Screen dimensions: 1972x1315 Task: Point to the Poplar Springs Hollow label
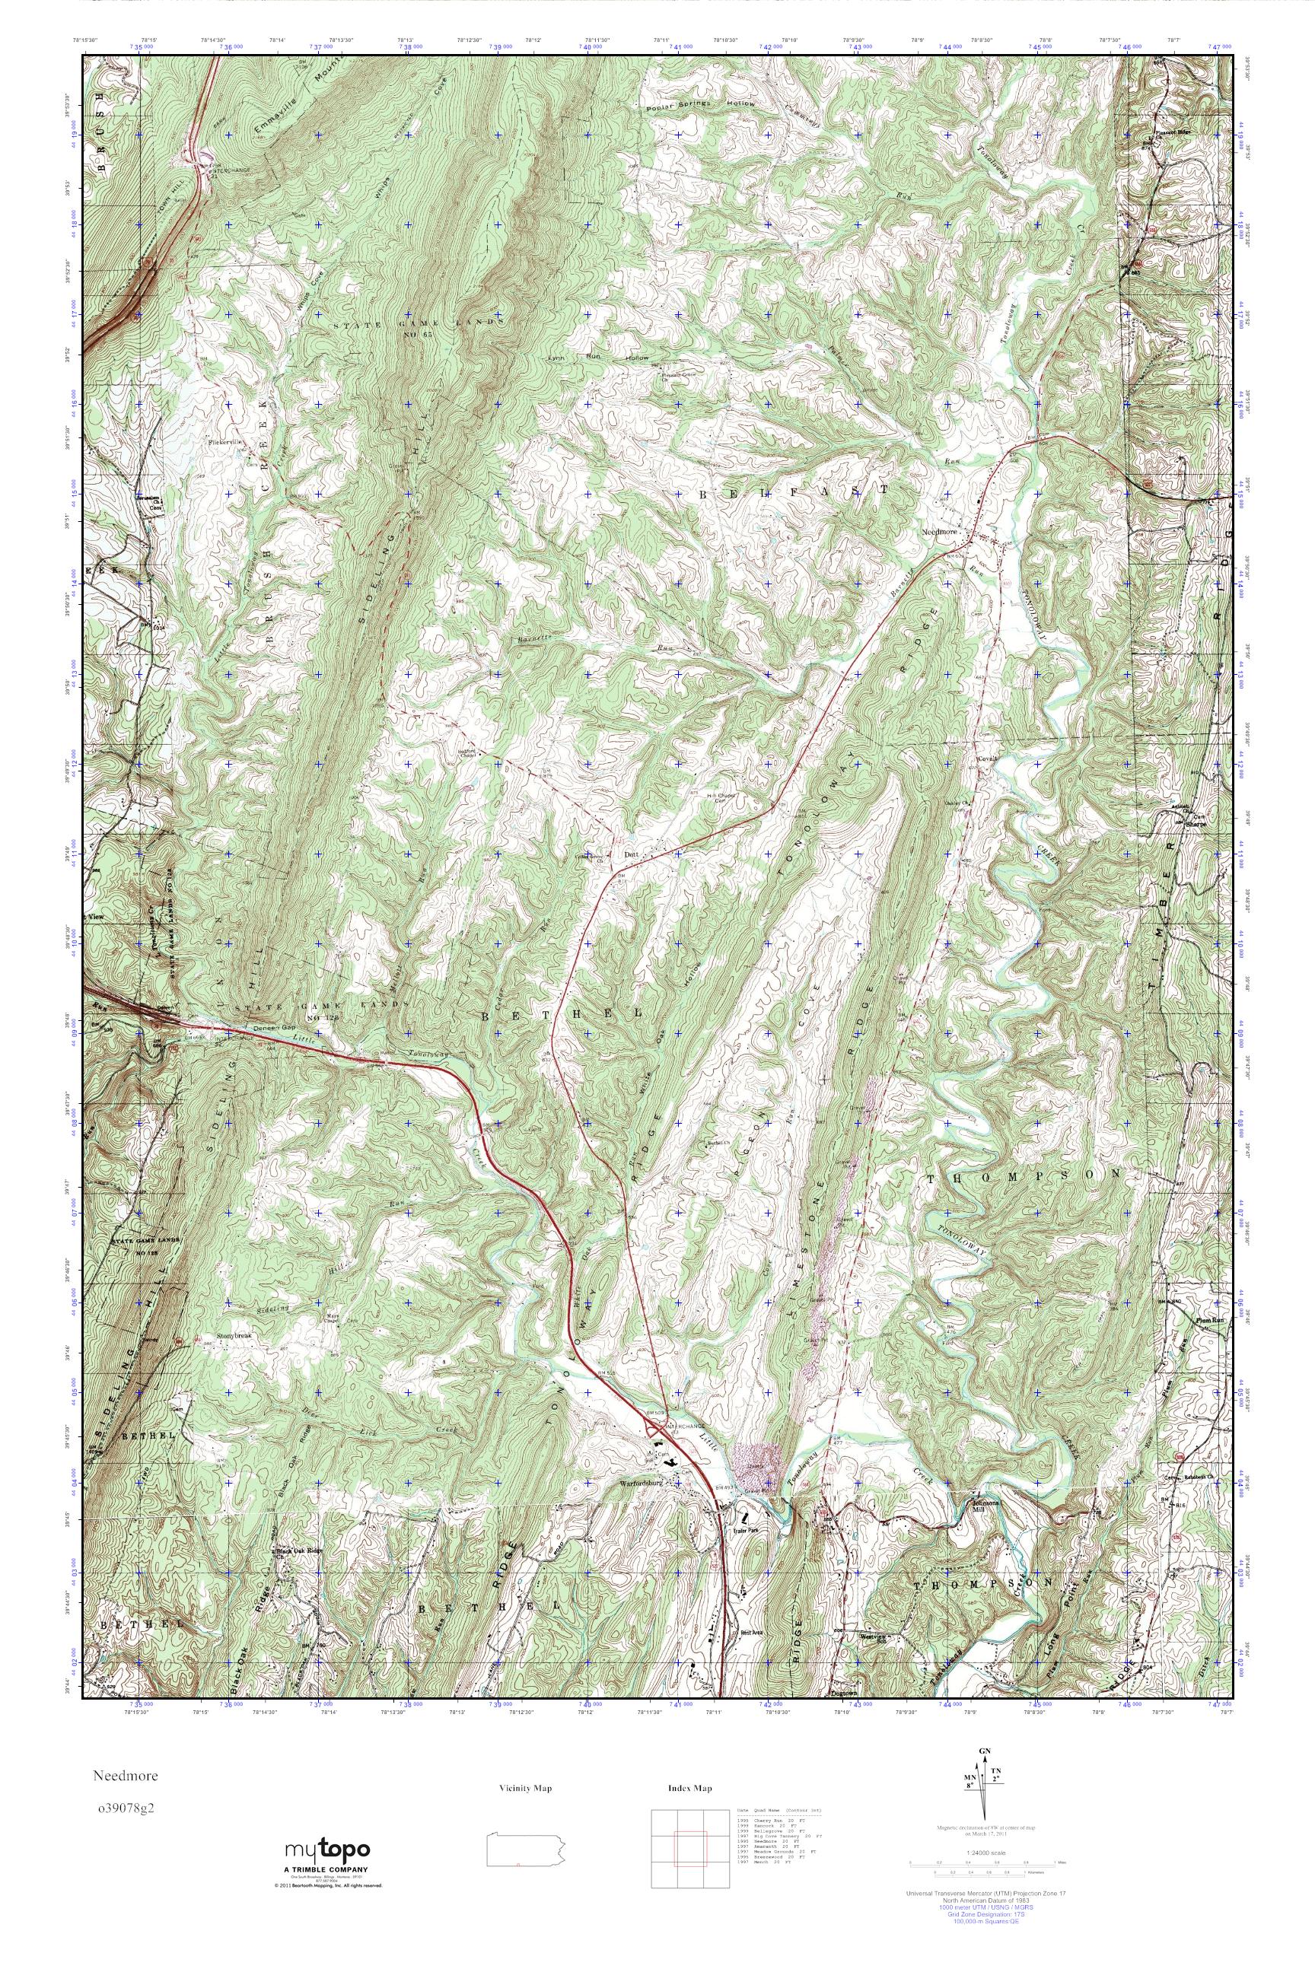700,106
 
